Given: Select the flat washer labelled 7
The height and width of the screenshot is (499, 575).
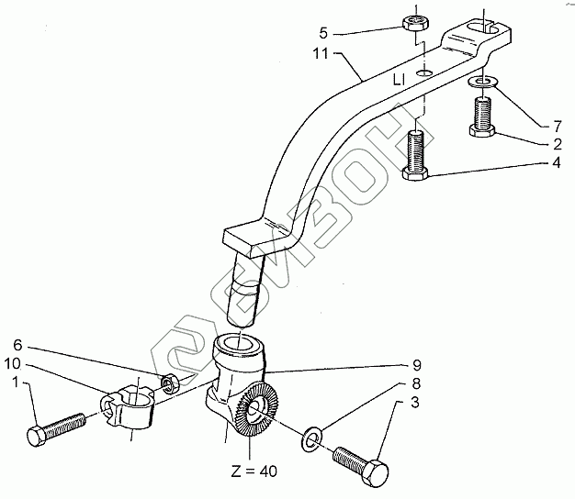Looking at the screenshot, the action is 484,84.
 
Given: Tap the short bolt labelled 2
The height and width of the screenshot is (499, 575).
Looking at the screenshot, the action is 483,119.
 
